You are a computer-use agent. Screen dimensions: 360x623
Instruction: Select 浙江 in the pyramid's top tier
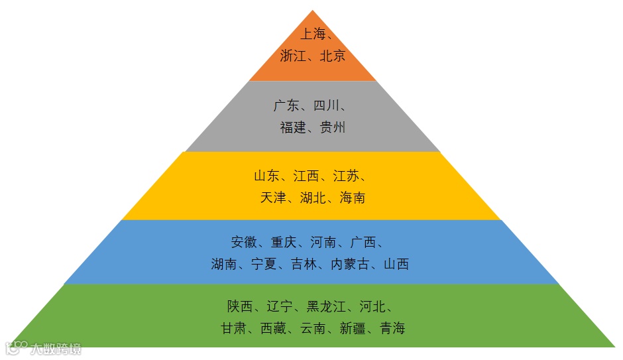[293, 56]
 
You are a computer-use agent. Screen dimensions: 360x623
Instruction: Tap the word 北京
[333, 56]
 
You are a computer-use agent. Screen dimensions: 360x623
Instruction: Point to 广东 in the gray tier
[286, 105]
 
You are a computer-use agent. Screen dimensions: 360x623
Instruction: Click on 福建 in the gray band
[293, 128]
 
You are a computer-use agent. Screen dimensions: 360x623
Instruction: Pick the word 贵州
[333, 128]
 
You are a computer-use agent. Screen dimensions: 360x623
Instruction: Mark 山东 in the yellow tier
[266, 176]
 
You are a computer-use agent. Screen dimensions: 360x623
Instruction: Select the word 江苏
[346, 176]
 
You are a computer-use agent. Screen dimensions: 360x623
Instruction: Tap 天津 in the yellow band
[273, 198]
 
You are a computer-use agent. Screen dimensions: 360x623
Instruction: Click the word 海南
[353, 198]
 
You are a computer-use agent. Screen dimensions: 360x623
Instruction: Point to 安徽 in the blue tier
[244, 242]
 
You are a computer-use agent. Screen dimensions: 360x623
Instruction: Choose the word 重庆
[284, 242]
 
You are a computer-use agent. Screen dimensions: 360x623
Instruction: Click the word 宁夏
[264, 264]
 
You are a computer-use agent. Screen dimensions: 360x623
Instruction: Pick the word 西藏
[274, 328]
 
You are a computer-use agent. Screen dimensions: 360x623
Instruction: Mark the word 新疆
[353, 328]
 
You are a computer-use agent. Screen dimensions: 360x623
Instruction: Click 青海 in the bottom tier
[392, 328]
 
